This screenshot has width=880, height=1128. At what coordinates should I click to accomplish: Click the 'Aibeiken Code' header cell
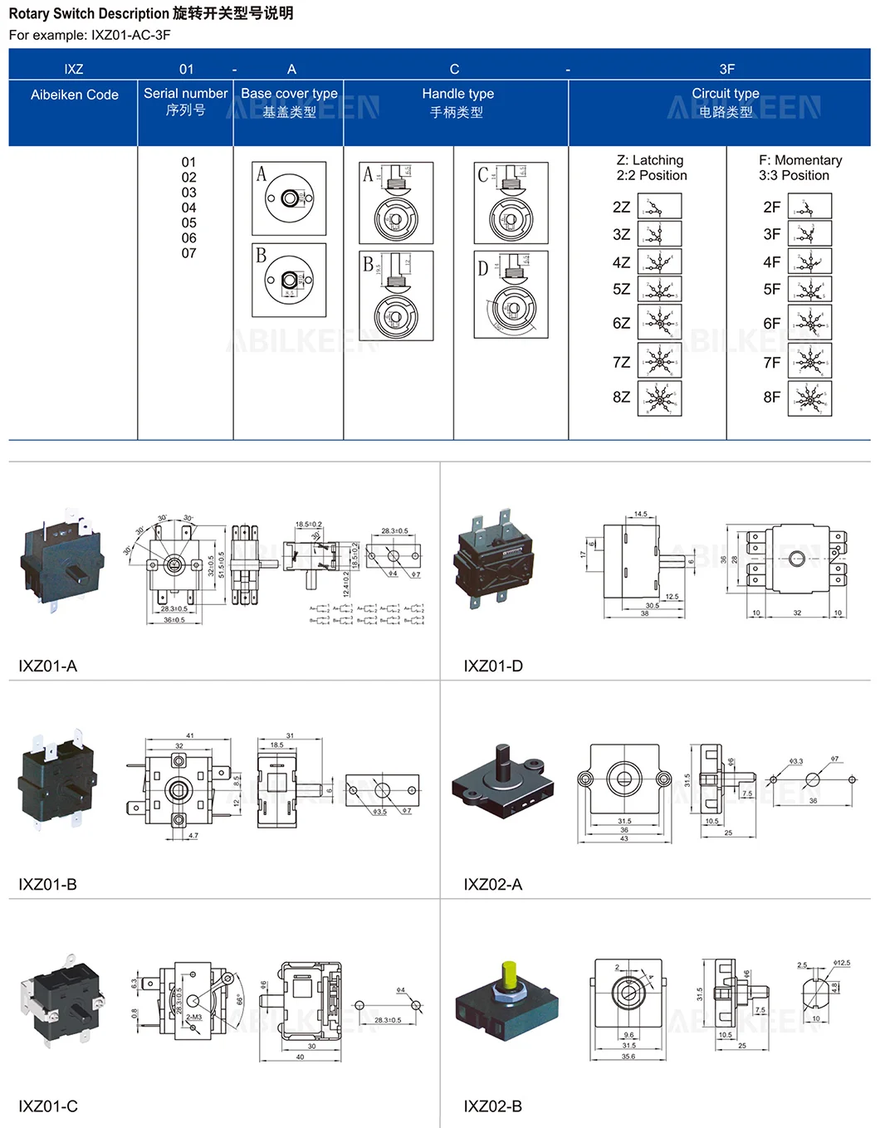[x=74, y=95]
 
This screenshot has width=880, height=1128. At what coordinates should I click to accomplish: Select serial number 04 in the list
[x=189, y=208]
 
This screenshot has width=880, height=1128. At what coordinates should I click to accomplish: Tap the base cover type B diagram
[x=289, y=280]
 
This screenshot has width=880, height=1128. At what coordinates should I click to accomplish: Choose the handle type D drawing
[x=511, y=295]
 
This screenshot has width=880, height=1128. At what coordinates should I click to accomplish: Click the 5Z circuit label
[x=621, y=290]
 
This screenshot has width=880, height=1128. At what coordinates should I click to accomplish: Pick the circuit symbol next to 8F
[x=809, y=398]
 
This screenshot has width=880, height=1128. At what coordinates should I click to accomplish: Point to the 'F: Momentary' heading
[x=799, y=160]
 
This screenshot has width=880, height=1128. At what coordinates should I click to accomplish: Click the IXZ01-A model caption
[x=48, y=666]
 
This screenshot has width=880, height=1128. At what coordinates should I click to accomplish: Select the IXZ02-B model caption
[x=492, y=1106]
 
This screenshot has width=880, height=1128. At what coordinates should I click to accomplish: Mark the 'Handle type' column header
[x=457, y=94]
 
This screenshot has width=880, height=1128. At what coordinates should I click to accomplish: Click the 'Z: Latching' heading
[x=650, y=160]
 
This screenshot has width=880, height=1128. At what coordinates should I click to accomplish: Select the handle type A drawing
[x=396, y=203]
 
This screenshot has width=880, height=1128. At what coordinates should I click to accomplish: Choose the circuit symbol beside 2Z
[x=659, y=207]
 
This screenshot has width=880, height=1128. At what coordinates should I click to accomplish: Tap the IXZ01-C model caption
[x=48, y=1106]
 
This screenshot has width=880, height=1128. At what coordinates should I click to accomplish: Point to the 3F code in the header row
[x=726, y=69]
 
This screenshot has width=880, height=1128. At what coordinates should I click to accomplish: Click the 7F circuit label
[x=771, y=363]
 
